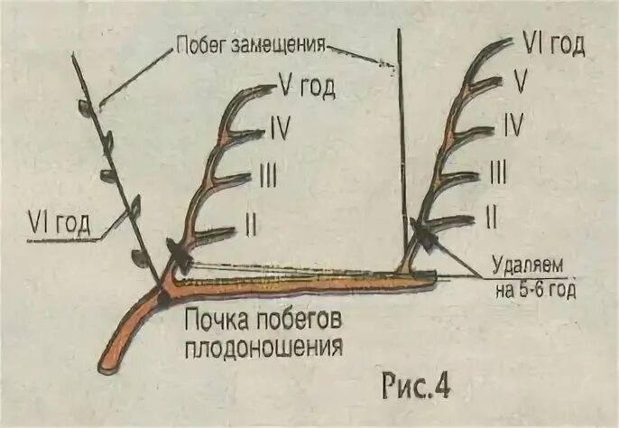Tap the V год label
pos(307,88)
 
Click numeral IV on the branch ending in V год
pos(279,129)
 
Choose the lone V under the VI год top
pos(520,82)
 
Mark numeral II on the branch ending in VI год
pos(492,216)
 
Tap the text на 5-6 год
pos(534,290)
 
